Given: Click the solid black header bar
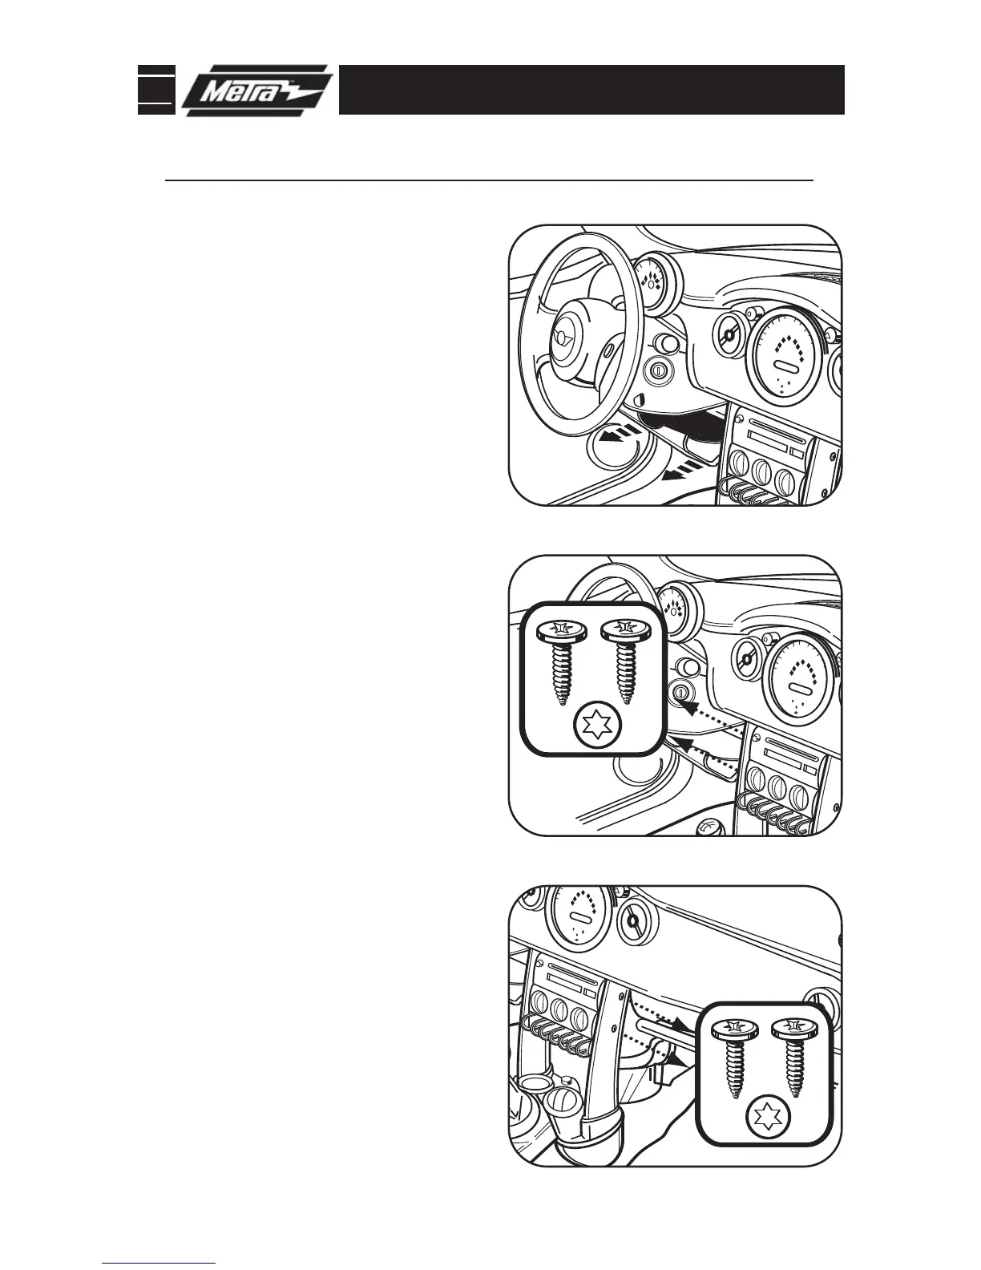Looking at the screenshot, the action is [591, 90].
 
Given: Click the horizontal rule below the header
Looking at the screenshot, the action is [489, 181].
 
